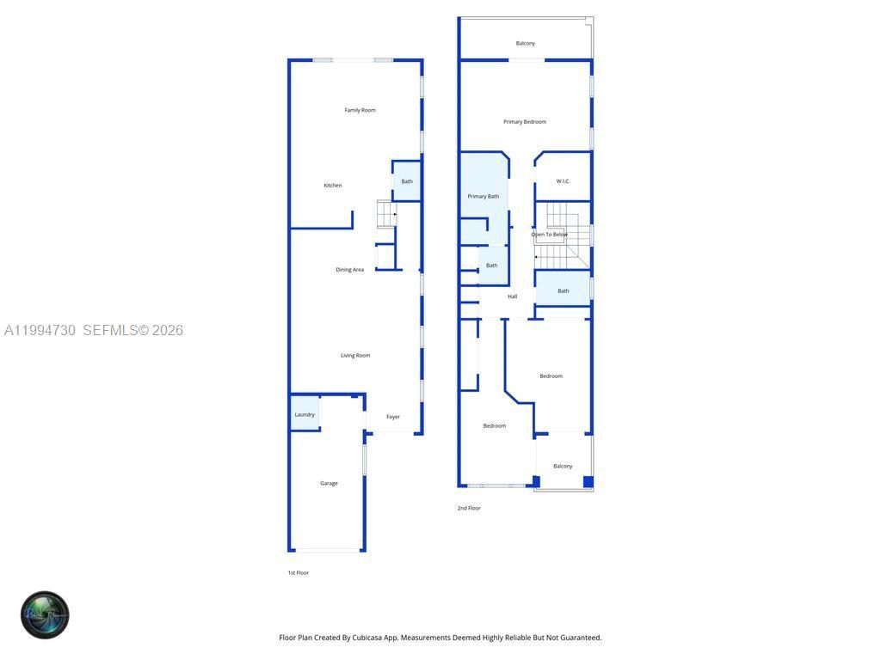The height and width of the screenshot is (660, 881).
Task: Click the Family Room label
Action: [x=360, y=110]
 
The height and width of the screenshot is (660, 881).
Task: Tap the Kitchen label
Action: [x=332, y=186]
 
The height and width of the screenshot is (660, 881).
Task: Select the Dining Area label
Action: [x=349, y=270]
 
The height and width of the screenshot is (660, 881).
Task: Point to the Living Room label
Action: [x=354, y=356]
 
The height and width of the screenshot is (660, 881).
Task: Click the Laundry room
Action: [x=305, y=414]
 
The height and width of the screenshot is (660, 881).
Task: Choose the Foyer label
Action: [x=392, y=417]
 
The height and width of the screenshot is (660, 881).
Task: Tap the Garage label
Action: [x=329, y=484]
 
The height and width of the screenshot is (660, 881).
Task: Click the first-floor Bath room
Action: [x=406, y=181]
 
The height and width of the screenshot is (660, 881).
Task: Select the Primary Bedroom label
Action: [x=524, y=122]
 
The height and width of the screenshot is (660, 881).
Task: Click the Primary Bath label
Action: [x=483, y=197]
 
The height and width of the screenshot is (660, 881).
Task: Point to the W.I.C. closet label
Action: [x=563, y=181]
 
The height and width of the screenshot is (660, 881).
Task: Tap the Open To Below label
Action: [x=549, y=235]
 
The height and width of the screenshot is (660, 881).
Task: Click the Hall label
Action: [x=512, y=296]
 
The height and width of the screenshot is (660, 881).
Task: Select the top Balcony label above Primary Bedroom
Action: [x=525, y=44]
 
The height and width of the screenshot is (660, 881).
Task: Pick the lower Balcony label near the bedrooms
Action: [x=563, y=467]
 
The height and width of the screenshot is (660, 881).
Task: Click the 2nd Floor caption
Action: [x=469, y=509]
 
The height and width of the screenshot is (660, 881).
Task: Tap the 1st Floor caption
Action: [x=298, y=573]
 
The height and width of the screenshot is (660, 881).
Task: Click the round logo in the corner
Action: [x=45, y=614]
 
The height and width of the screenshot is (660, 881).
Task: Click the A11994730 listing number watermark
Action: [x=40, y=331]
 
